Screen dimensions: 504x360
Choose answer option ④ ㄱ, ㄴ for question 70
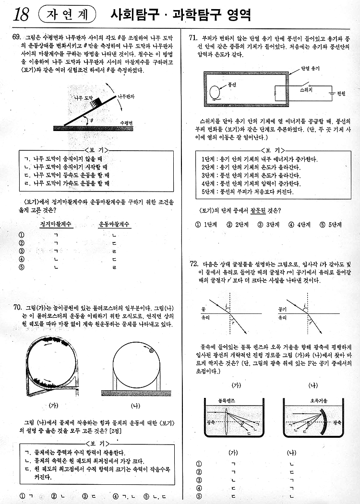[x=122, y=495]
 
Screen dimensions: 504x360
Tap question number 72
[x=194, y=264]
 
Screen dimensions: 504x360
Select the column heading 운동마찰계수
[x=114, y=224]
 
